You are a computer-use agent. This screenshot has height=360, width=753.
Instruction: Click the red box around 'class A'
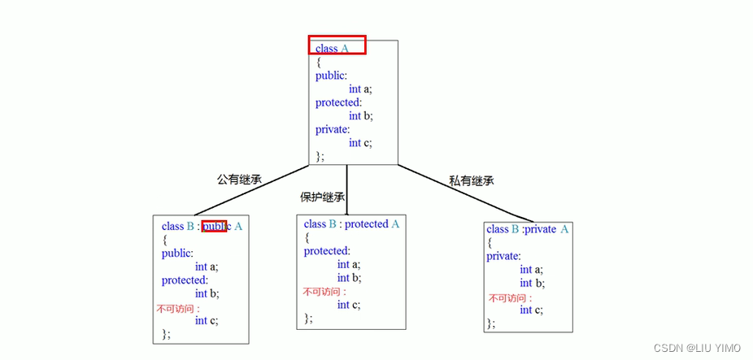[337, 46]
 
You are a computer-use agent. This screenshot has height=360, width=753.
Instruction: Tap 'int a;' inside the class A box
[360, 89]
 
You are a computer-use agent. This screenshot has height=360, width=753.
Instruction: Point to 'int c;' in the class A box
[360, 143]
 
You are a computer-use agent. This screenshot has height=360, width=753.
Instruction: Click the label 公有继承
[239, 179]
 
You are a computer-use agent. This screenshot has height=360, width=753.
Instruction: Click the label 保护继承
[323, 197]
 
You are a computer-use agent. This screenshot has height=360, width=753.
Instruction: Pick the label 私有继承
[472, 180]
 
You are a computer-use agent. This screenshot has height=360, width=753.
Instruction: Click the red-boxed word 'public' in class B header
[215, 226]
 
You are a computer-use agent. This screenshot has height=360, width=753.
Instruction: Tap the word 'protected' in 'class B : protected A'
[367, 223]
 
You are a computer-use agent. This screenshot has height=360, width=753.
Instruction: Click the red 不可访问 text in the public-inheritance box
[178, 308]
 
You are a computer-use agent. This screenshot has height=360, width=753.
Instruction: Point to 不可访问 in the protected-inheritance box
[324, 292]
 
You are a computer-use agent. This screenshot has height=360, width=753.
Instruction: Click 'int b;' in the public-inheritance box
[207, 293]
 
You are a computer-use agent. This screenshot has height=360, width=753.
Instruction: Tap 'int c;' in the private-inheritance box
[531, 310]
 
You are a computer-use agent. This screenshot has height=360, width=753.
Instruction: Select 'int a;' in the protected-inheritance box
[348, 264]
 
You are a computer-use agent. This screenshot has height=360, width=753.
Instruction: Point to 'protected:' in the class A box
[337, 102]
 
